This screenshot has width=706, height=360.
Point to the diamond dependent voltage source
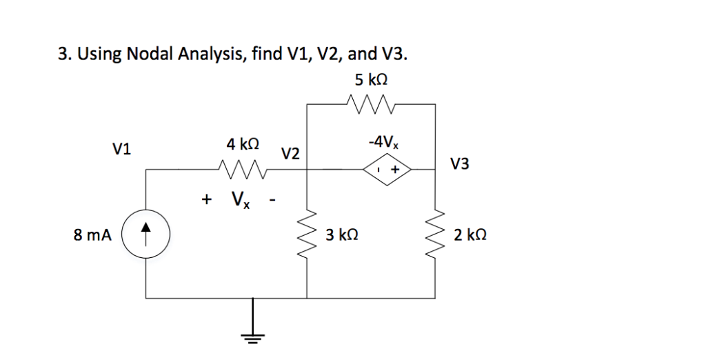tap(387, 168)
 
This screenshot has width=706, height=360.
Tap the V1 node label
tap(124, 148)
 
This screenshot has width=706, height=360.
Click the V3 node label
tap(460, 164)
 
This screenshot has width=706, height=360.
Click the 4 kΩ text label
tap(243, 144)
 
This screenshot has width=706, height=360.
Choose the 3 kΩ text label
tap(342, 235)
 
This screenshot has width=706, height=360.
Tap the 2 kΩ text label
tap(471, 235)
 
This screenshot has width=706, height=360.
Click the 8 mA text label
tap(92, 235)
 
